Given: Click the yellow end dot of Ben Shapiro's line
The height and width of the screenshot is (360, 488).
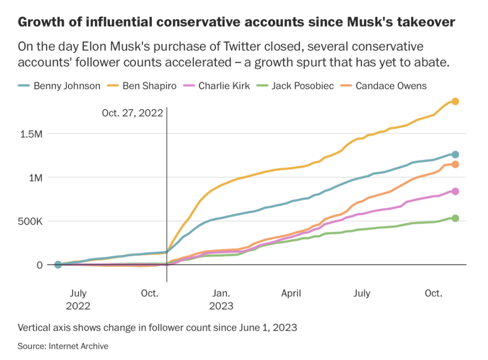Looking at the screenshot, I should [x=455, y=101].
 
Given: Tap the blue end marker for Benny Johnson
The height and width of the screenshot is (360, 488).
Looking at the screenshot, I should [x=455, y=154].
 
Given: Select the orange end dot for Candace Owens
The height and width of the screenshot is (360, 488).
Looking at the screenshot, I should [x=455, y=165].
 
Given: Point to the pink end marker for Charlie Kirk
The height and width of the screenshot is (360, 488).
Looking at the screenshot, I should [x=455, y=191].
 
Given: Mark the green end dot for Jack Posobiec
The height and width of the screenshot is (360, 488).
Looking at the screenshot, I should [x=455, y=218].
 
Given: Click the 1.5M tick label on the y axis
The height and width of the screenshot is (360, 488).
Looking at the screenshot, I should [x=31, y=133].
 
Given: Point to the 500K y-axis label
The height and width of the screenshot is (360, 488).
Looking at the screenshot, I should [x=31, y=221].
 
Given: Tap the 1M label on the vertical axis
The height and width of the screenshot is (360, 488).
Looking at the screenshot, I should [x=35, y=177].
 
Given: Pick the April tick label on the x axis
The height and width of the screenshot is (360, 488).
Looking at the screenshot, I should [x=291, y=294].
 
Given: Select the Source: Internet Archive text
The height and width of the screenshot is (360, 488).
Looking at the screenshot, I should [x=63, y=346].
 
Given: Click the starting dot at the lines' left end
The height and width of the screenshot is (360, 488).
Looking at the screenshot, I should [x=58, y=265].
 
